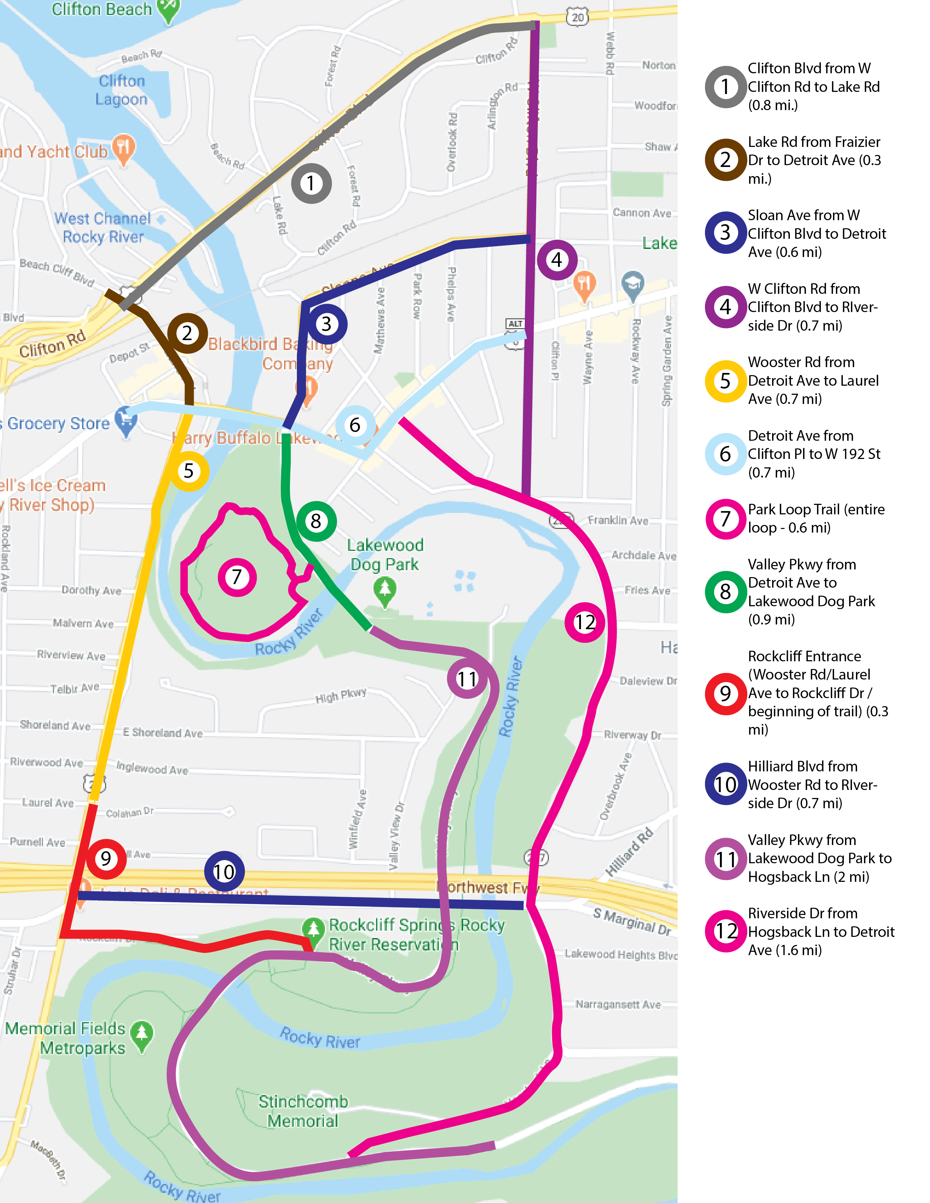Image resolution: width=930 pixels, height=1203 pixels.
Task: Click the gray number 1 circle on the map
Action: click(311, 183)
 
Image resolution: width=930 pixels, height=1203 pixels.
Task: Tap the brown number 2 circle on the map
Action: click(187, 333)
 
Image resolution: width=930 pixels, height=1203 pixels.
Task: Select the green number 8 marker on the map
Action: click(316, 521)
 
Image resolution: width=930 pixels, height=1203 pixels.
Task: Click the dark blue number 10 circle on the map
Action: click(224, 871)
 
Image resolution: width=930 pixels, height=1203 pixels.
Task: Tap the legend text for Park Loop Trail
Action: click(815, 518)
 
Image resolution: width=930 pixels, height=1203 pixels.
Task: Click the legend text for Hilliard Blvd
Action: click(812, 785)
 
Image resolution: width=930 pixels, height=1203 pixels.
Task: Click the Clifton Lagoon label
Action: click(122, 90)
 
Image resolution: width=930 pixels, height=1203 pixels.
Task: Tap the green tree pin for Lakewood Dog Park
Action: click(384, 590)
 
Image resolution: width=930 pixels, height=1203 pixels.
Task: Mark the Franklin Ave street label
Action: click(617, 521)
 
